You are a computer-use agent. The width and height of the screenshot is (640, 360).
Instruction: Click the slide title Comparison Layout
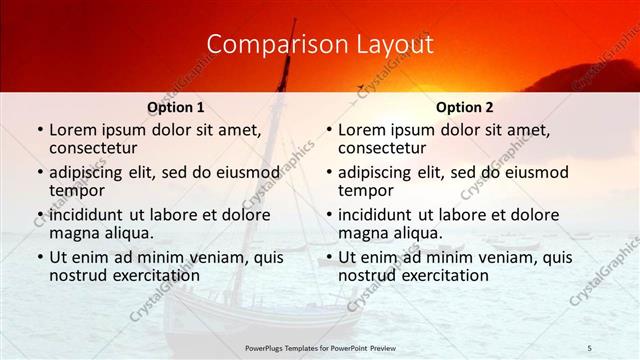click(319, 45)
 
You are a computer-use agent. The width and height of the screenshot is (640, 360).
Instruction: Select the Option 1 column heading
click(176, 107)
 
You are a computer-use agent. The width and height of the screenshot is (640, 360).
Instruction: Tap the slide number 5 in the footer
click(590, 347)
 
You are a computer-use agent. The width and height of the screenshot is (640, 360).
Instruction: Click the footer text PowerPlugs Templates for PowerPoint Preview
click(319, 347)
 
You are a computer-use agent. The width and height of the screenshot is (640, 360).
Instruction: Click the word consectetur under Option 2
click(381, 149)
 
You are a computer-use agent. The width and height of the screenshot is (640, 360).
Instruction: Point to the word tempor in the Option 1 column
click(75, 191)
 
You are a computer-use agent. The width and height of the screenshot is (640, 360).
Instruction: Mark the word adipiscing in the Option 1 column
click(90, 172)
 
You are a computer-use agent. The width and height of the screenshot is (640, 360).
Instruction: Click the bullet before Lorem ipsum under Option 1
click(39, 131)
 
